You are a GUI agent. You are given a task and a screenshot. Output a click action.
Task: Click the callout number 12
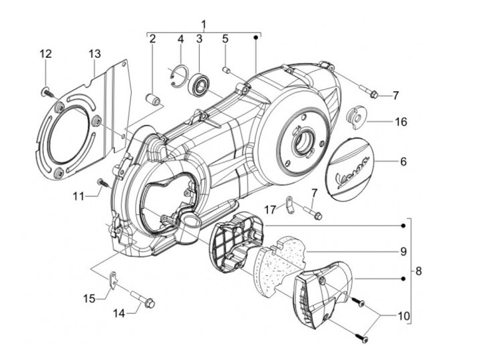pyautogui.click(x=45, y=54)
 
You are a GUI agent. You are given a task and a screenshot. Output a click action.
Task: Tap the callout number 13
pyautogui.click(x=94, y=53)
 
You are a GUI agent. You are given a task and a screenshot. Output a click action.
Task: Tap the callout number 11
pyautogui.click(x=79, y=197)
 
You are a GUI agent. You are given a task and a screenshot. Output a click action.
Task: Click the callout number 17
pyautogui.click(x=270, y=210)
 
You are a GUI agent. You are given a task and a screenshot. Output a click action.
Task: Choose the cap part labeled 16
pyautogui.click(x=358, y=117)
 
